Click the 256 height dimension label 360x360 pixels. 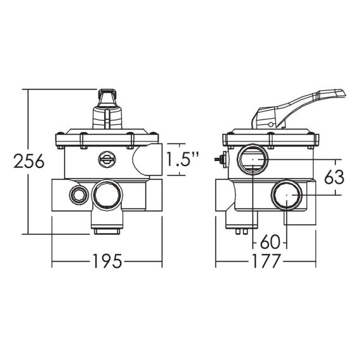click(29, 161)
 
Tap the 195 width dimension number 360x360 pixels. click(107, 261)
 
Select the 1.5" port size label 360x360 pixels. click(182, 159)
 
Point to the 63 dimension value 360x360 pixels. click(334, 177)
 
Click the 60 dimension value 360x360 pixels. click(270, 241)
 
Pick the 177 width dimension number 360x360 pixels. click(266, 261)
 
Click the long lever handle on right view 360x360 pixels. click(299, 108)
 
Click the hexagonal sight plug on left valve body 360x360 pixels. click(107, 159)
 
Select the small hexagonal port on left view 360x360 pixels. click(79, 195)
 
